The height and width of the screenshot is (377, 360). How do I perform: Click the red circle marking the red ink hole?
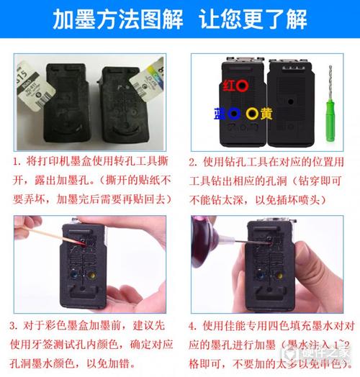(243, 86)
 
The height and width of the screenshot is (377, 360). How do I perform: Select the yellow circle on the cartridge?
(251, 113)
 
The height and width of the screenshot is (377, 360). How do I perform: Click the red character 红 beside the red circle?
(228, 86)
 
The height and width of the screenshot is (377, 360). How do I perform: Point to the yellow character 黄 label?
(266, 113)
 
